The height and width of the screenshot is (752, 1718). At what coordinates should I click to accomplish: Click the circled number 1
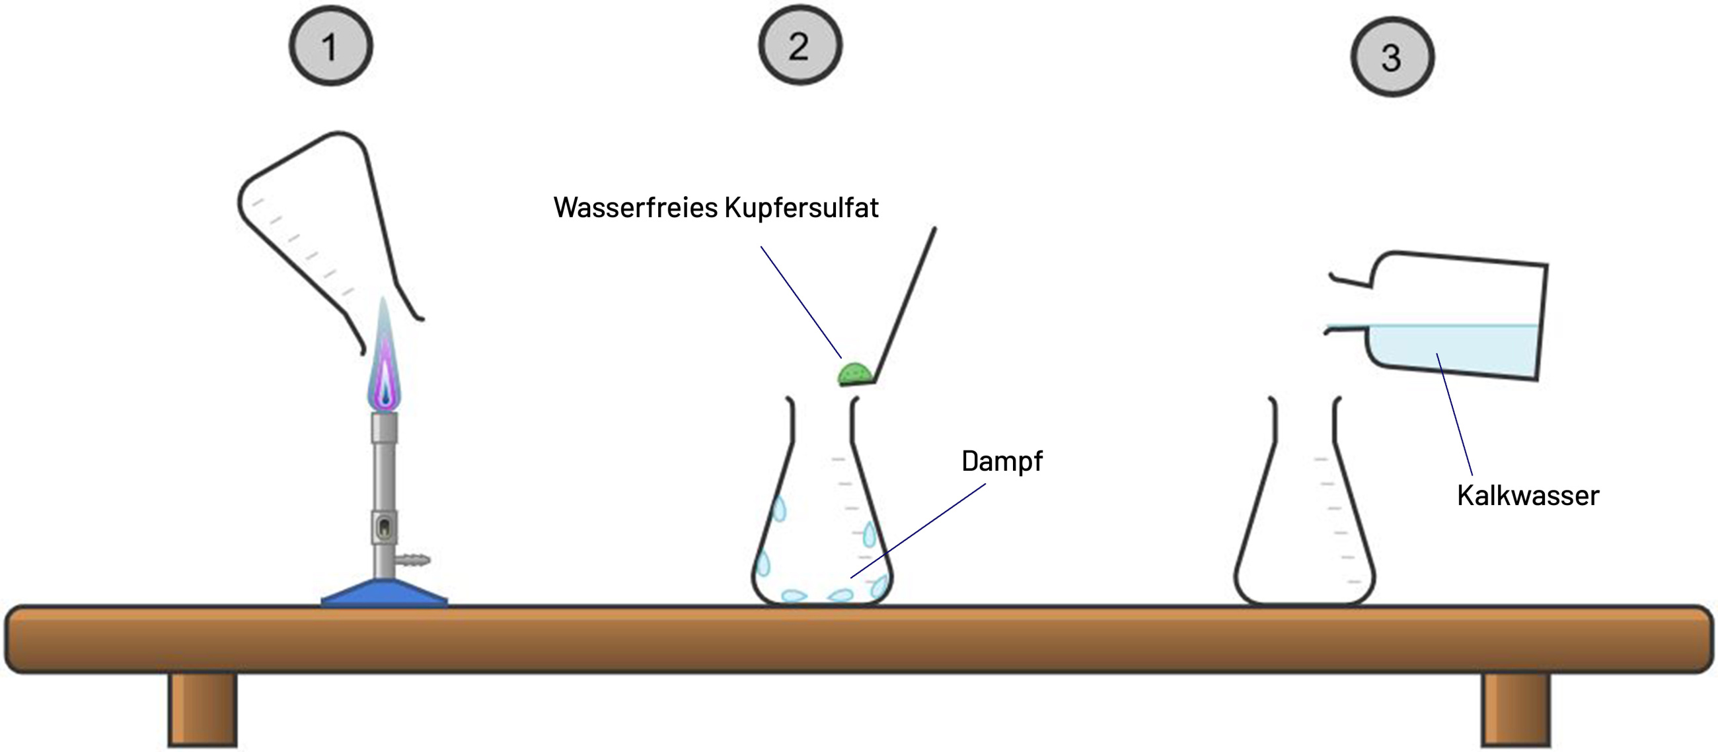point(331,47)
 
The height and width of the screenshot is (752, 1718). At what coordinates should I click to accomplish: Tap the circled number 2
point(800,46)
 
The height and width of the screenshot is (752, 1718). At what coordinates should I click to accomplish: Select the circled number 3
point(1392,57)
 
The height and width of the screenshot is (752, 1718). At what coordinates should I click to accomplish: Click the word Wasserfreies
point(635,207)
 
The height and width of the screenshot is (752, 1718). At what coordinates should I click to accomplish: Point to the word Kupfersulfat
point(801,207)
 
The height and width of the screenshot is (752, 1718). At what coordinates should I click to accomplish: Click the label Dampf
point(1002,461)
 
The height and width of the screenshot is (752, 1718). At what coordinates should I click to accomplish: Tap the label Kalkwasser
point(1527,495)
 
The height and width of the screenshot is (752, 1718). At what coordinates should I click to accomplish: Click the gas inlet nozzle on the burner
point(414,559)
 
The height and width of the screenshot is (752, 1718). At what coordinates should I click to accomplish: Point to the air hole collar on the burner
point(384,528)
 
